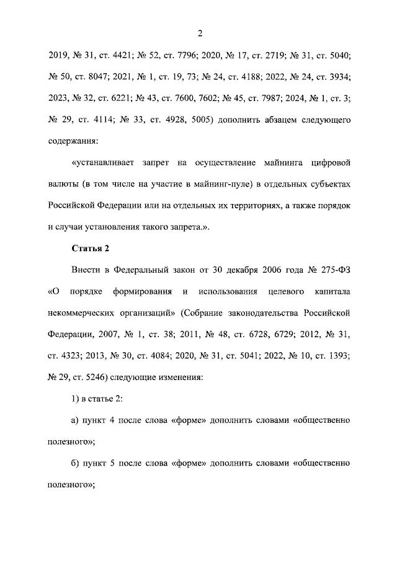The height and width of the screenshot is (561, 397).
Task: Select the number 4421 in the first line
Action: [x=136, y=55]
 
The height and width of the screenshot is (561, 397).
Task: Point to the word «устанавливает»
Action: [x=104, y=163]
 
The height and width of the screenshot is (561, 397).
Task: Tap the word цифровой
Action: [x=331, y=163]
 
